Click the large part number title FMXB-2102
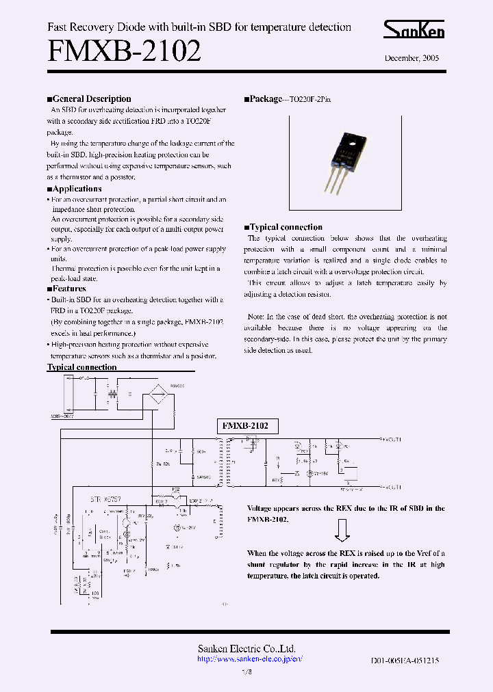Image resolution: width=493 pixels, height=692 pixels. pyautogui.click(x=124, y=52)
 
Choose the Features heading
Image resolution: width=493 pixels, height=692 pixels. pyautogui.click(x=67, y=289)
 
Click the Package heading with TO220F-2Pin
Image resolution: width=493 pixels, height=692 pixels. pyautogui.click(x=288, y=99)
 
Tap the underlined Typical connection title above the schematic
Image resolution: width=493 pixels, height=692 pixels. pyautogui.click(x=81, y=367)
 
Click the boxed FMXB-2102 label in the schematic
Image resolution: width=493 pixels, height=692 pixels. pyautogui.click(x=247, y=425)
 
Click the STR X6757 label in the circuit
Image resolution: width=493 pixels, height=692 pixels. pyautogui.click(x=105, y=500)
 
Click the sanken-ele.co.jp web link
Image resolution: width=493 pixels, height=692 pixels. pyautogui.click(x=249, y=659)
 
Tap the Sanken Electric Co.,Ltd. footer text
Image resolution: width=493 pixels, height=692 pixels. pyautogui.click(x=246, y=648)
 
